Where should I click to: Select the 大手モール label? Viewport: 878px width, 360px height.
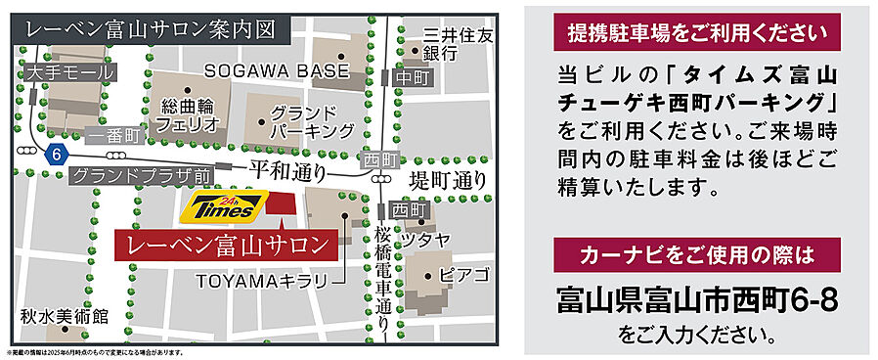click(69, 71)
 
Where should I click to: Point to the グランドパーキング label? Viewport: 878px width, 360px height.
click(312, 120)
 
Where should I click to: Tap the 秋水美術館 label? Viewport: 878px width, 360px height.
click(65, 317)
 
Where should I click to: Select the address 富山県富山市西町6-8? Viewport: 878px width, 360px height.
click(697, 297)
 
